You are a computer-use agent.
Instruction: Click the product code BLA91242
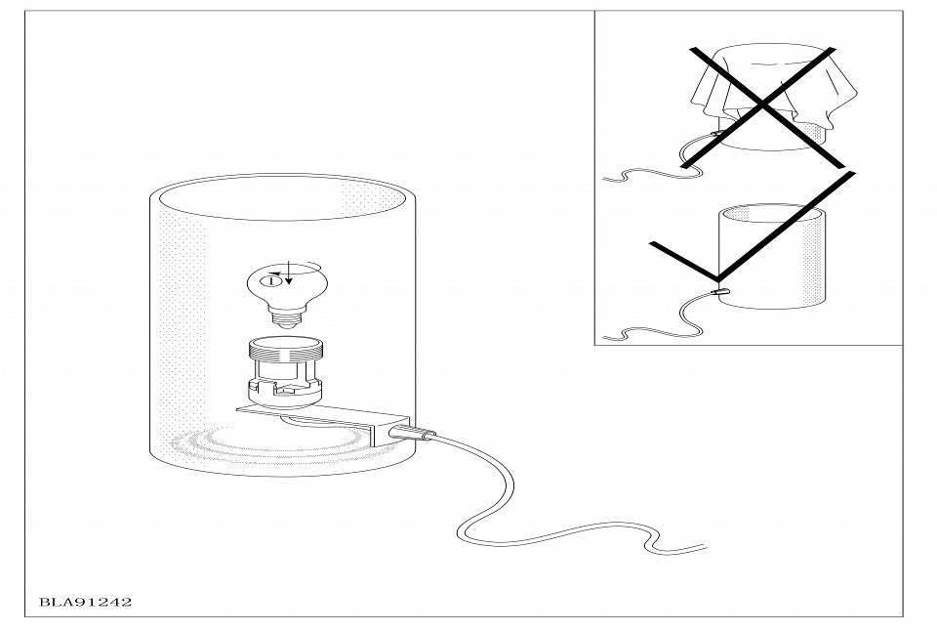pyautogui.click(x=86, y=602)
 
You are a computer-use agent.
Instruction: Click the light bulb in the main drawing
pyautogui.click(x=286, y=294)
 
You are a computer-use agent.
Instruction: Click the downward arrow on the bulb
pyautogui.click(x=289, y=273)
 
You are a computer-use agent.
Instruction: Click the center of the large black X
pyautogui.click(x=762, y=105)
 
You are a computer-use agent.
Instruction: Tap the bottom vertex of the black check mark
pyautogui.click(x=717, y=279)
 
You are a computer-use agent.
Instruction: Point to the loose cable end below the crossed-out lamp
pyautogui.click(x=606, y=178)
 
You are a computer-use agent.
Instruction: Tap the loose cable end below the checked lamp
pyautogui.click(x=606, y=338)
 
